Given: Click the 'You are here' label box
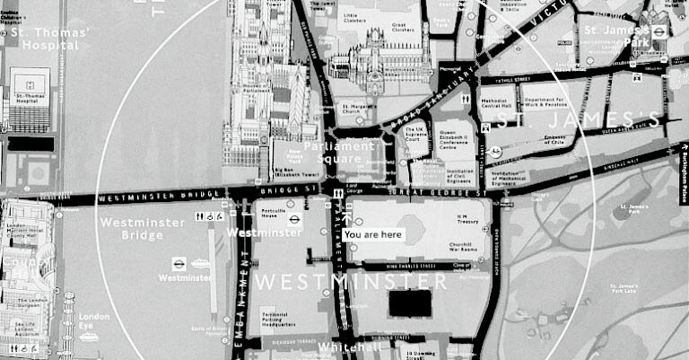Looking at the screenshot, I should tap(373, 234).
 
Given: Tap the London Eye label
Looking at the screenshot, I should tap(93, 321).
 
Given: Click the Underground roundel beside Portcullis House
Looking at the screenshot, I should tap(292, 216).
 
